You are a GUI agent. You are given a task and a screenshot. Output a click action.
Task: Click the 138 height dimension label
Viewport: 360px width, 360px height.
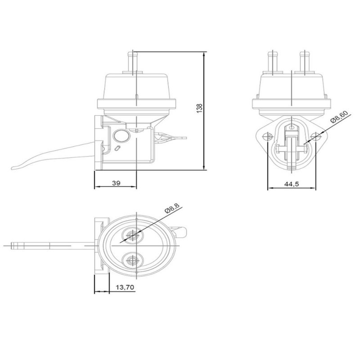tap(200, 108)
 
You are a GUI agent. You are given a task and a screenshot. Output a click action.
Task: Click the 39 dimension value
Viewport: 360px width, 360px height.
tap(116, 183)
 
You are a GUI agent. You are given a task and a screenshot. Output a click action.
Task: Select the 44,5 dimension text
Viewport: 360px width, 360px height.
tap(292, 184)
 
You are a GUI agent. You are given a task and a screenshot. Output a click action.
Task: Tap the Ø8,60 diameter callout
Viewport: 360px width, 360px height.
tap(339, 117)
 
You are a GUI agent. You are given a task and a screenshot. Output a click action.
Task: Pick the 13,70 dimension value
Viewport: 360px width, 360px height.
tap(125, 287)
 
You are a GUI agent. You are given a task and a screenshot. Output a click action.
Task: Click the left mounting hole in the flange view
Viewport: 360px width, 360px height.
tap(268, 136)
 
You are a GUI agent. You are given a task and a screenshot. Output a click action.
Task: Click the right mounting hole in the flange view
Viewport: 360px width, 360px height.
tap(316, 137)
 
